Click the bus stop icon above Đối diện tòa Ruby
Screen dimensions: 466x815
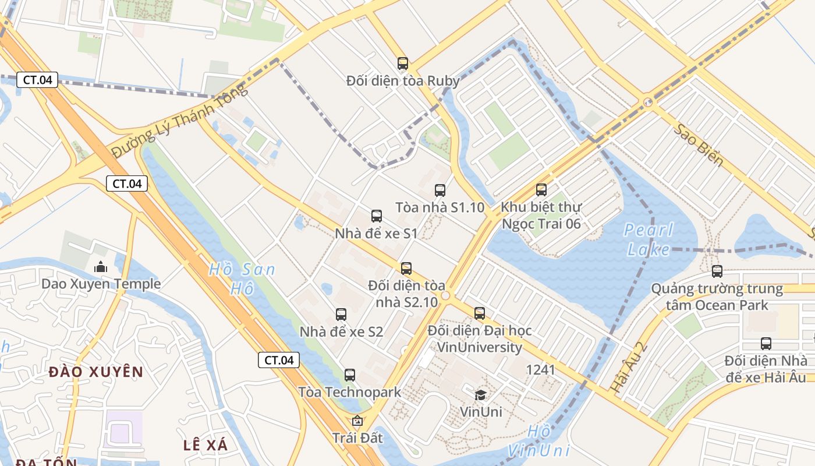[x=402, y=63]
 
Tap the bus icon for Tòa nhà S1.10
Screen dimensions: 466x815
[x=440, y=190]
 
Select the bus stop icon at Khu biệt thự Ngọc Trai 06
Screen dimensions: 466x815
[x=541, y=189]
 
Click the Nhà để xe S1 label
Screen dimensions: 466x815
[x=376, y=234]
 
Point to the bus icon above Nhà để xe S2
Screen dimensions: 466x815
[x=341, y=315]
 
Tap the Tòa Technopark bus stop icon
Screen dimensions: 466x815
[x=350, y=375]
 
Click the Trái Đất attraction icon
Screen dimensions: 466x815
[x=357, y=421]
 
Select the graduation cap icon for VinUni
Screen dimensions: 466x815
[x=480, y=396]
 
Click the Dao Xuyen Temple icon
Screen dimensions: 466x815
[x=101, y=267]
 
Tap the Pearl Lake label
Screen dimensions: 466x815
[x=649, y=239]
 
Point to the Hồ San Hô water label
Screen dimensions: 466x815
[x=241, y=278]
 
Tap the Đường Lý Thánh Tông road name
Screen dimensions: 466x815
[x=179, y=121]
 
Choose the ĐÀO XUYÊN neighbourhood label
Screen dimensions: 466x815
[x=96, y=372]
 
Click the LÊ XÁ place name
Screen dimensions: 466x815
[x=205, y=445]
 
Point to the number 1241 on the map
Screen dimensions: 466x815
[x=540, y=369]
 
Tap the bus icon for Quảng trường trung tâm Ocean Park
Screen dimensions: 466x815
[x=717, y=271]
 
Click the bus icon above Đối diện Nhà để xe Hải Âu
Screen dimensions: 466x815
[x=766, y=344]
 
